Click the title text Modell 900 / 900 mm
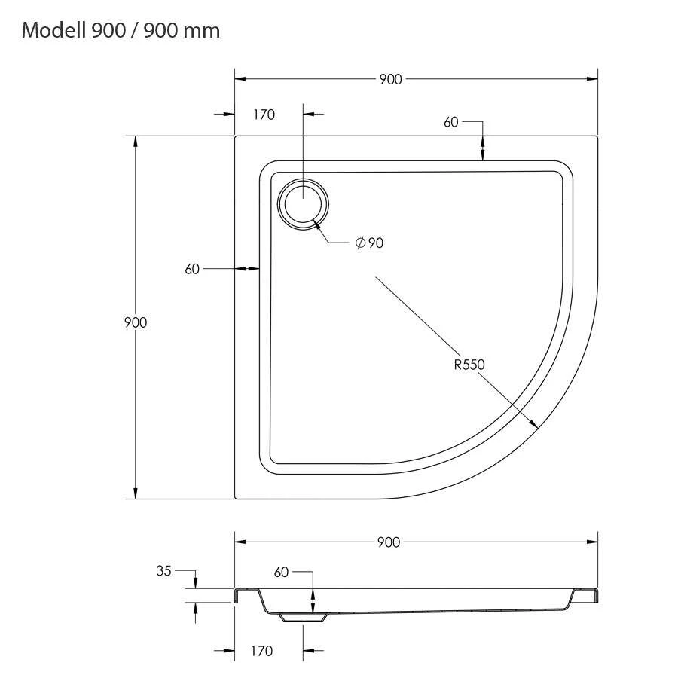pos(121,30)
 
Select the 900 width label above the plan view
pos(390,79)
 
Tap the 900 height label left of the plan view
pos(136,322)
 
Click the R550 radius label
pos(469,365)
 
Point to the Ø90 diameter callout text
pos(369,243)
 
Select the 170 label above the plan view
pos(264,115)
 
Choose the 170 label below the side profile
pos(261,651)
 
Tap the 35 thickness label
pos(164,571)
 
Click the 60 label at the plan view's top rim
pos(451,122)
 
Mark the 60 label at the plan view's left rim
pos(192,269)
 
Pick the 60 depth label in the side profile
pos(282,573)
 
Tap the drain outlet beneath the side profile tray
pos(303,617)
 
